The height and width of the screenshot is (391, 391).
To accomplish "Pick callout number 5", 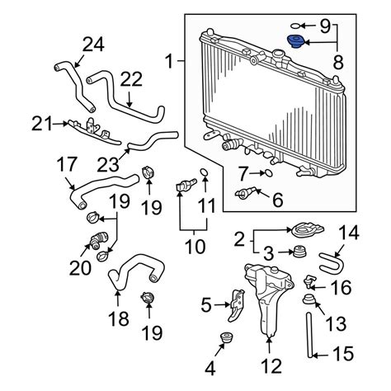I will pos(205,308).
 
